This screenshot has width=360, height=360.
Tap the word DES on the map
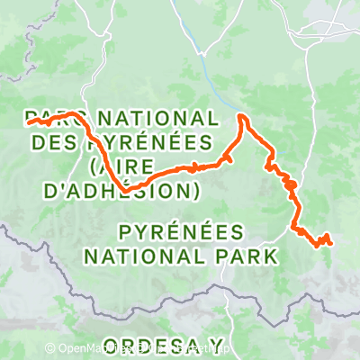pyautogui.click(x=55, y=142)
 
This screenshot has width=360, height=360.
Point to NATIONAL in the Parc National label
pyautogui.click(x=156, y=119)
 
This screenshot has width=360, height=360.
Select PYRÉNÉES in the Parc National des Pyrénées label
pyautogui.click(x=149, y=142)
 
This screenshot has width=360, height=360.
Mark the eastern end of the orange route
pyautogui.click(x=331, y=241)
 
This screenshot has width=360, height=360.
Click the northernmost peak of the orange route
pyautogui.click(x=241, y=115)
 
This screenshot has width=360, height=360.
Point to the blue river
pyautogui.click(x=209, y=67)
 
